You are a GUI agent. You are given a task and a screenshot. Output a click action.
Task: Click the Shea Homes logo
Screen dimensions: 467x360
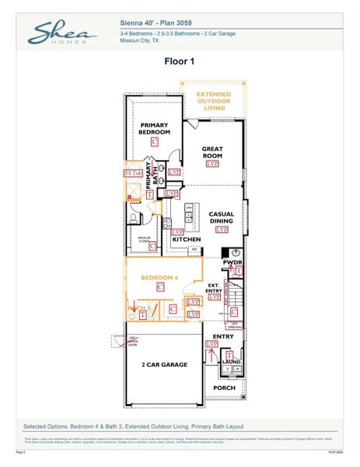tap(61, 33)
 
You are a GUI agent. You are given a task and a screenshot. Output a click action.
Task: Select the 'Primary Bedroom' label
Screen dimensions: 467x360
tap(155, 128)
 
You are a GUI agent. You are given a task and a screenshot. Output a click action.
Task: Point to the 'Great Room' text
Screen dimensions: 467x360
tap(212, 152)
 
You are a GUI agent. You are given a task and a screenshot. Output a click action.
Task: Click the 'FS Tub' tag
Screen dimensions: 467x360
tap(134, 172)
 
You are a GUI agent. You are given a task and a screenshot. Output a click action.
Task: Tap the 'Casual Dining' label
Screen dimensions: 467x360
tap(222, 217)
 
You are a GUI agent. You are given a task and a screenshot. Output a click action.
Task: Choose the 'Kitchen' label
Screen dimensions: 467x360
tap(187, 239)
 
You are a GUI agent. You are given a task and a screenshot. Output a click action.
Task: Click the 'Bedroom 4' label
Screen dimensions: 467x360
tap(159, 276)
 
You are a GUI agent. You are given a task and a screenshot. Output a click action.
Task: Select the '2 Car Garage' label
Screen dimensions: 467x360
tap(163, 363)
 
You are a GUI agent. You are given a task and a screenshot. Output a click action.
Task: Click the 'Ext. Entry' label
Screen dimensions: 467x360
tap(215, 288)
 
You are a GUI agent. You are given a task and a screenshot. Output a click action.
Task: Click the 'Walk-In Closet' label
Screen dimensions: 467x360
tap(144, 241)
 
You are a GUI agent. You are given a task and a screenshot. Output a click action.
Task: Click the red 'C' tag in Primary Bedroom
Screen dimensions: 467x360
tap(155, 142)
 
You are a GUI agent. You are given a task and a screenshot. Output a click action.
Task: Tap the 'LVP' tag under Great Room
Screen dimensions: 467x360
tap(212, 165)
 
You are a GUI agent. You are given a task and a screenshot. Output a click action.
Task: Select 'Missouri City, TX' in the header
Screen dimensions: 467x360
tap(142, 40)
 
